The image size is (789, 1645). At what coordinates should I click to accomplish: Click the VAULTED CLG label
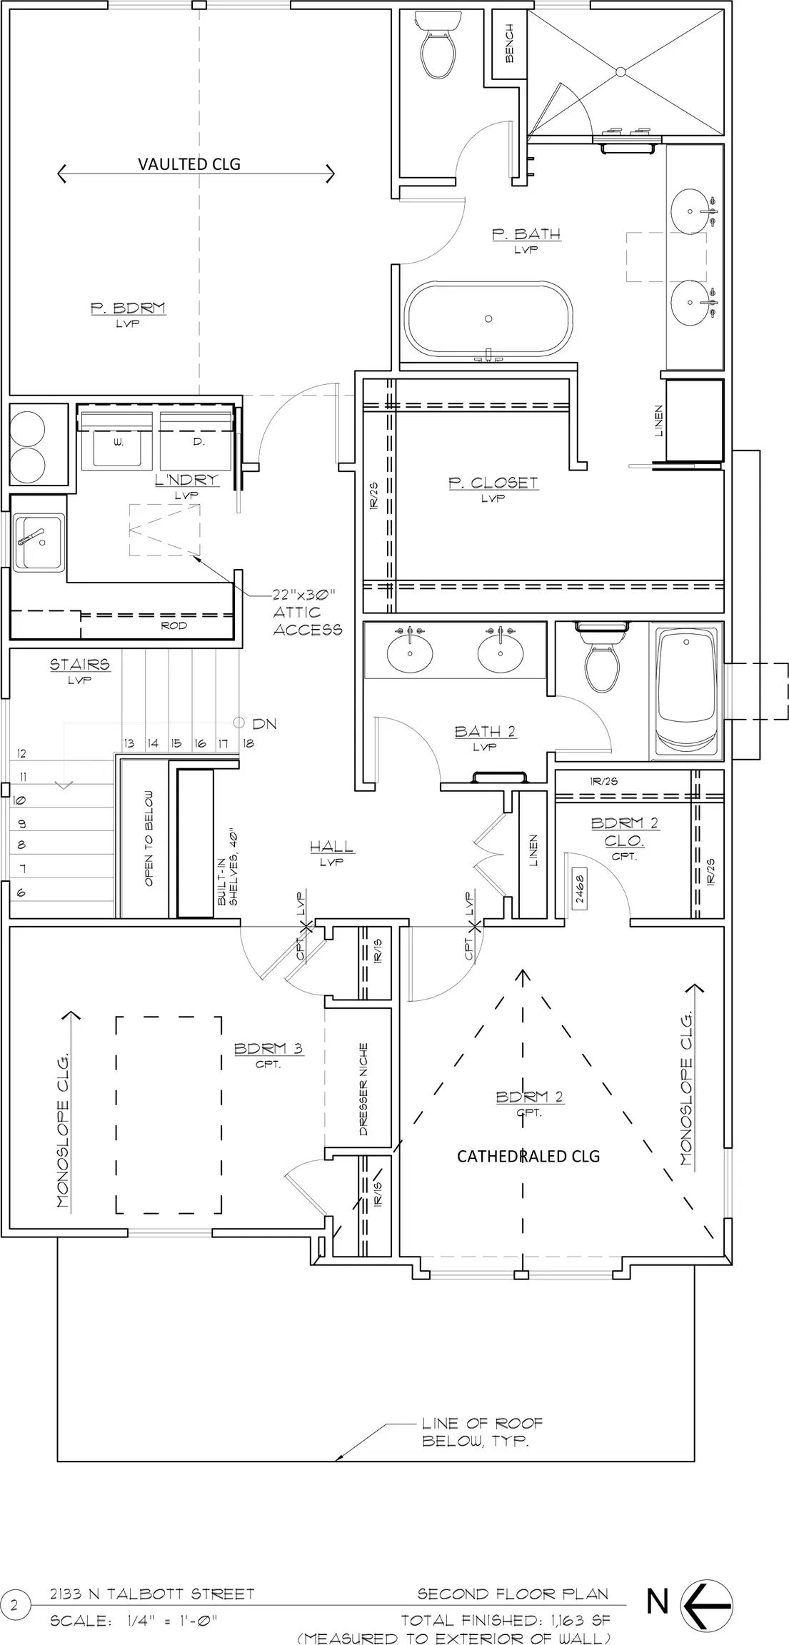[x=189, y=164]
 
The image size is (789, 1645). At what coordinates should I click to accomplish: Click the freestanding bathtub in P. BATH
[x=489, y=320]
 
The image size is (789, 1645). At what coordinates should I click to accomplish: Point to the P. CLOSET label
[x=493, y=483]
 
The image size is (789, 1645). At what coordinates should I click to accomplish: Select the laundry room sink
[x=39, y=541]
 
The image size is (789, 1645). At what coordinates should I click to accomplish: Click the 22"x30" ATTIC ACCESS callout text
[x=307, y=612]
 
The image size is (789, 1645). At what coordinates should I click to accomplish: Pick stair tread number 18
[x=247, y=743]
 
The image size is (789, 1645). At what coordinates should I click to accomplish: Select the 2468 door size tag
[x=579, y=890]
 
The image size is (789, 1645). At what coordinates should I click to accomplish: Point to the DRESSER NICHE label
[x=363, y=1090]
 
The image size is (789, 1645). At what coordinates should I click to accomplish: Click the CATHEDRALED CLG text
[x=528, y=1156]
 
